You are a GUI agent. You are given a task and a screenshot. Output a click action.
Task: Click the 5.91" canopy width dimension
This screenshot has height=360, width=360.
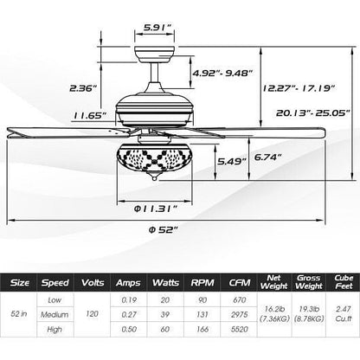click(x=157, y=28)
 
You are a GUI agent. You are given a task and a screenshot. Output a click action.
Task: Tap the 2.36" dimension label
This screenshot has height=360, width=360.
click(x=82, y=88)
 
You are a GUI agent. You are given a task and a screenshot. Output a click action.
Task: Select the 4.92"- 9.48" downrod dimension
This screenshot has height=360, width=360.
click(x=222, y=74)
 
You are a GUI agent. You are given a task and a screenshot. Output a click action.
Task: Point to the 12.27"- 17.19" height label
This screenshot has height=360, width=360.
click(x=299, y=88)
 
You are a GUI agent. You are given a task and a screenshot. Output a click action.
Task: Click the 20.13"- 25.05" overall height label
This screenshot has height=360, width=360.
click(x=312, y=112)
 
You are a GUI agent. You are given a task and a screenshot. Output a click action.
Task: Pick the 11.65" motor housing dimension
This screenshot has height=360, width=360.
click(x=90, y=116)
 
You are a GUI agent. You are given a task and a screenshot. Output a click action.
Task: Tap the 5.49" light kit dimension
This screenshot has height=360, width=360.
click(x=232, y=161)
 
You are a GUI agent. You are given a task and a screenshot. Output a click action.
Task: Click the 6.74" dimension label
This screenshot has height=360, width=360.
click(x=267, y=157)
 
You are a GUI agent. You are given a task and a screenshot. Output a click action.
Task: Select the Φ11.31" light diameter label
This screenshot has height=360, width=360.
click(x=155, y=209)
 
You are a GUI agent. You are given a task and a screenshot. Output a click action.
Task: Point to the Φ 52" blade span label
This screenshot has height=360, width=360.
click(x=163, y=229)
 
